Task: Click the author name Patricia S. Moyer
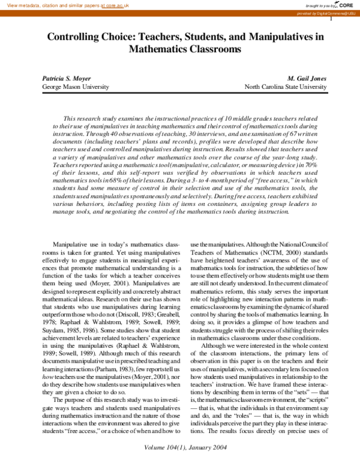click(x=66, y=78)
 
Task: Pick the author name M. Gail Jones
click(x=307, y=78)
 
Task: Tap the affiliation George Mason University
click(x=76, y=87)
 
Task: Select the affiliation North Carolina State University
click(x=286, y=87)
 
